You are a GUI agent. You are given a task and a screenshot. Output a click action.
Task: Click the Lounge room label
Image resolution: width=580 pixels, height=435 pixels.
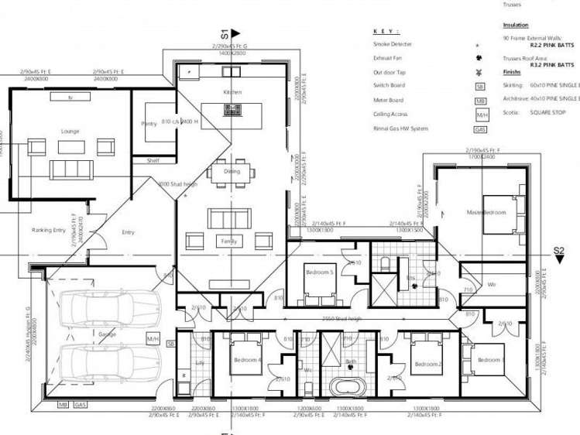click(70, 132)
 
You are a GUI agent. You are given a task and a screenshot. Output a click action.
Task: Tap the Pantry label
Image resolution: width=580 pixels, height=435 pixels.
click(149, 124)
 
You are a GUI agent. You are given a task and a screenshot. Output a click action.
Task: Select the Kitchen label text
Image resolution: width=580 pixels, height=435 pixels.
click(233, 92)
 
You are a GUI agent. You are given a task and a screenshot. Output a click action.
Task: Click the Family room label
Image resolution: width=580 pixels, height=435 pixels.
click(228, 241)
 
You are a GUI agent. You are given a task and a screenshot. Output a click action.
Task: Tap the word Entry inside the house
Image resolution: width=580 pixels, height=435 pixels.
click(128, 232)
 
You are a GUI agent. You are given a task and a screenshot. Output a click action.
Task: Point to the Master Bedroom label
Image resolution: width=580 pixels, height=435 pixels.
click(486, 211)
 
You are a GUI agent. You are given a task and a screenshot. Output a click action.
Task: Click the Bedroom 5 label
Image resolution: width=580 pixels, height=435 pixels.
click(319, 273)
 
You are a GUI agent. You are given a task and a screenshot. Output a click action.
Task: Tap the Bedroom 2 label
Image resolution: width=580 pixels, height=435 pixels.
click(427, 364)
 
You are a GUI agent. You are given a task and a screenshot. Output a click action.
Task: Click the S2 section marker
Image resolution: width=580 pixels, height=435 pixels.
click(558, 250)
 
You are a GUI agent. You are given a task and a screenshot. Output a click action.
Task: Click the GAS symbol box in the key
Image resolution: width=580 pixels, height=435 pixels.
click(480, 129)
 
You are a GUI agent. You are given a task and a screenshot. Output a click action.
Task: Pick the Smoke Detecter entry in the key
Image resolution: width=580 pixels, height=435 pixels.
click(393, 45)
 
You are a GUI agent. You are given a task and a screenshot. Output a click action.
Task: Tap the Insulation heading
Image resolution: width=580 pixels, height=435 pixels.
click(516, 25)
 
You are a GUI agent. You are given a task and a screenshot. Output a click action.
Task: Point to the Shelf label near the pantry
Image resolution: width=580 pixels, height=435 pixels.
click(153, 160)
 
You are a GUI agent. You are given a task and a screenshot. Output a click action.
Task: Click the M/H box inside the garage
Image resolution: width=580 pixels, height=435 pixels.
click(153, 338)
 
